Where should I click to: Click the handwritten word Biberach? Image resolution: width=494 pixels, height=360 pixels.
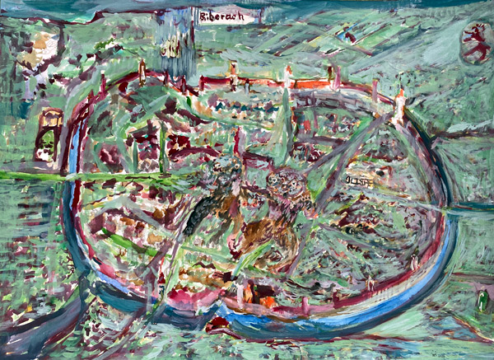point(222,15)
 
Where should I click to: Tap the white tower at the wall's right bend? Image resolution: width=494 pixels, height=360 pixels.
point(400,103)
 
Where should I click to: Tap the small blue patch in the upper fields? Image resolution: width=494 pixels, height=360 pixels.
point(350,35)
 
